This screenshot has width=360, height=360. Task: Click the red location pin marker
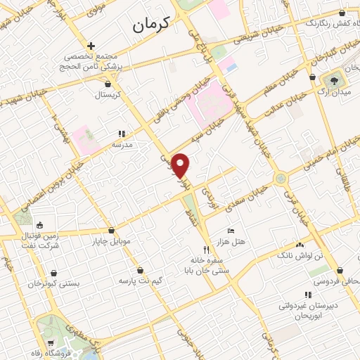pyautogui.click(x=181, y=165)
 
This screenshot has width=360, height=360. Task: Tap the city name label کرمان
pyautogui.click(x=151, y=25)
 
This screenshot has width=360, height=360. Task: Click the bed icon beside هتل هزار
pyautogui.click(x=231, y=231)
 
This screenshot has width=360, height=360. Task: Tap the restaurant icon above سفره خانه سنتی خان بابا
pyautogui.click(x=206, y=249)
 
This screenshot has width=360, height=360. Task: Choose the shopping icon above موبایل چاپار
pyautogui.click(x=111, y=231)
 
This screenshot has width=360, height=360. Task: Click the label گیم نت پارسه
pyautogui.click(x=141, y=281)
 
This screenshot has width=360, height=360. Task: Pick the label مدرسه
pyautogui.click(x=122, y=144)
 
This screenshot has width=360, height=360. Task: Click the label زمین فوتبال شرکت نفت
pyautogui.click(x=39, y=242)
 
